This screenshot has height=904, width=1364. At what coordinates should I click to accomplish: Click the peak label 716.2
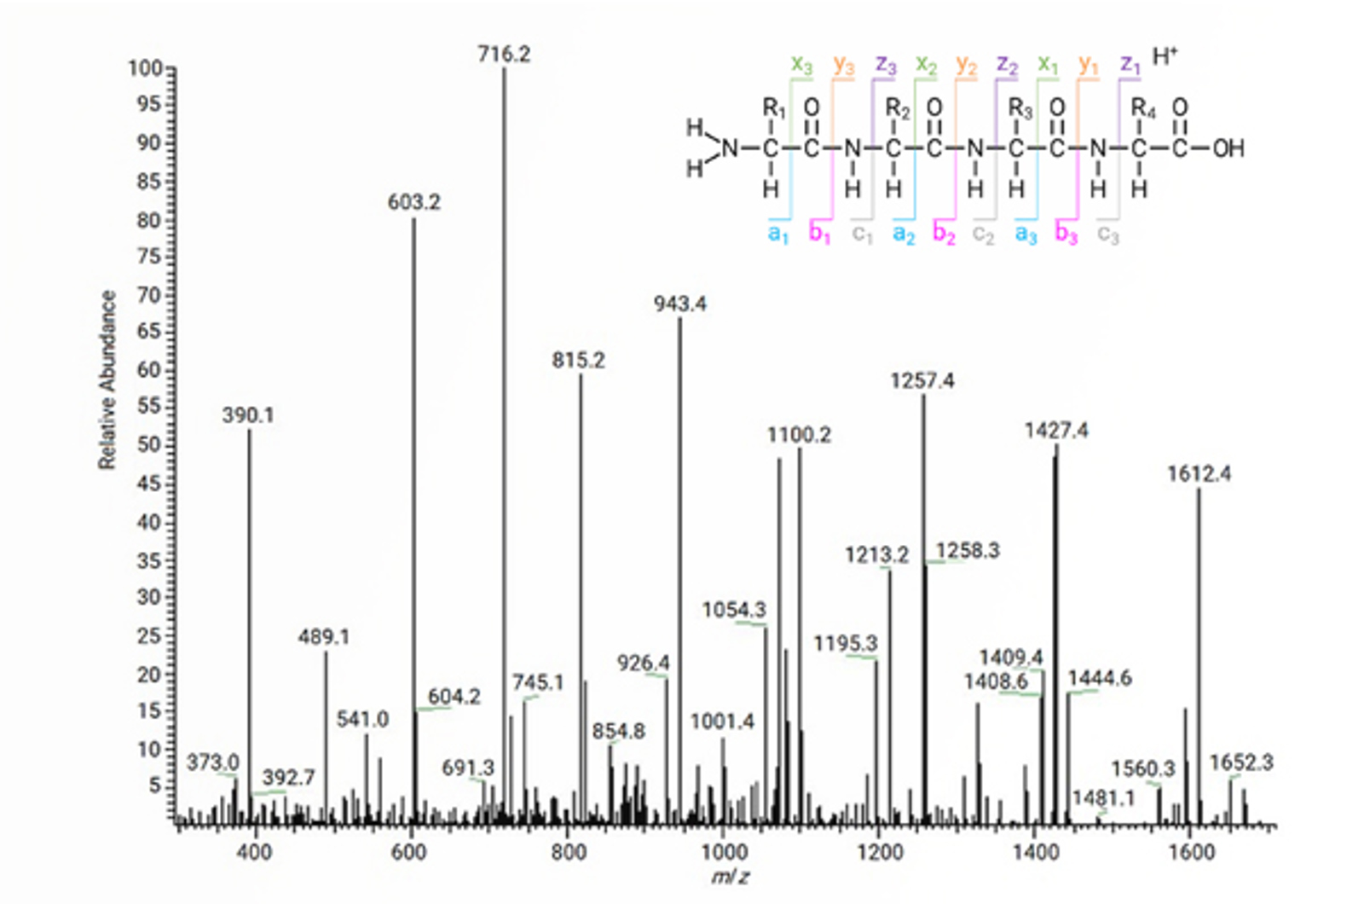[504, 55]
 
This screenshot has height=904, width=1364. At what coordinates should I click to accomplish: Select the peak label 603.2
[414, 202]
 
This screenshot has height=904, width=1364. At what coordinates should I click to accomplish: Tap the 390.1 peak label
[248, 415]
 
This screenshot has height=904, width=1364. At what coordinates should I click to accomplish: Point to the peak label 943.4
[680, 304]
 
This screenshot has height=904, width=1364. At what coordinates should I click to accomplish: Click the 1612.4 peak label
[1199, 474]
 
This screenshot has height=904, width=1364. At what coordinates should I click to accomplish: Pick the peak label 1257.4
[922, 381]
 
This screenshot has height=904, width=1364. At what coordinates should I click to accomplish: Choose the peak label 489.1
[324, 637]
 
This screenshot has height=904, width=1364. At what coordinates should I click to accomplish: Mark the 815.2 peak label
[578, 361]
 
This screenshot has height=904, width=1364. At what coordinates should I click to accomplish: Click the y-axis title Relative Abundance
[107, 380]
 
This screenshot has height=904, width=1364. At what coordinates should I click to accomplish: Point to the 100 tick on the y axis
[144, 68]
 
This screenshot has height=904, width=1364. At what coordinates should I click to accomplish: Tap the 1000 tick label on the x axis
[723, 852]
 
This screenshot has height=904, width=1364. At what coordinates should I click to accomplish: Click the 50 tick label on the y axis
[149, 444]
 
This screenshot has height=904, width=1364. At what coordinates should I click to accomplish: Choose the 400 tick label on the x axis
[254, 852]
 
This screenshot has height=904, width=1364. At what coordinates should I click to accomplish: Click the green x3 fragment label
[801, 65]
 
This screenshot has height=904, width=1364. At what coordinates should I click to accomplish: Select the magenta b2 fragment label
[944, 233]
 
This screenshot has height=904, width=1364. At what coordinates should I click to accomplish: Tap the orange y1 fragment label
[1089, 65]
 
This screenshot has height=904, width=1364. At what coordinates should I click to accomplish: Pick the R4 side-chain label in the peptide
[1142, 109]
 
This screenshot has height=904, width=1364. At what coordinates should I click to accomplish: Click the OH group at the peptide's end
[1228, 148]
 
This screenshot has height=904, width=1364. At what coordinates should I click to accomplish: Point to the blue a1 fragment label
[778, 233]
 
